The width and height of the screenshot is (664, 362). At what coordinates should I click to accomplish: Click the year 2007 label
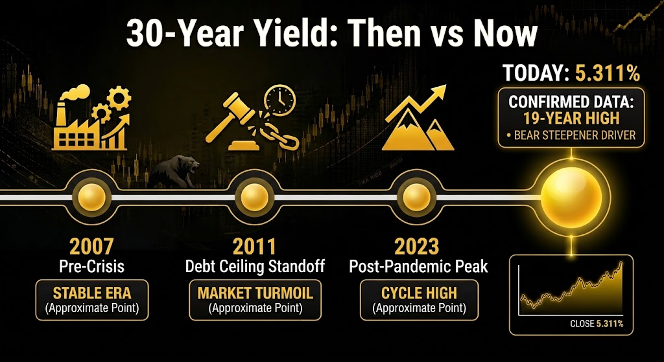pos(91,247)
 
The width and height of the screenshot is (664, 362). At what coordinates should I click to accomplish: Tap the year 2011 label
pos(255,247)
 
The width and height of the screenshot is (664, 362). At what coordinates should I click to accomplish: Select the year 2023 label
pos(418,247)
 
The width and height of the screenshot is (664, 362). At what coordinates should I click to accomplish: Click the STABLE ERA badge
pos(92,299)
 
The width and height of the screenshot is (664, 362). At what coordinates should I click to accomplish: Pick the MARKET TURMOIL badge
pos(255,299)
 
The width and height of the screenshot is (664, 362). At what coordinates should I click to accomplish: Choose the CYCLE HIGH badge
pos(419,299)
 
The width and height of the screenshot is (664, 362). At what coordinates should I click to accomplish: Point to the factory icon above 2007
pos(91,118)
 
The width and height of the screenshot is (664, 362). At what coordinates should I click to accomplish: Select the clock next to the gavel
pos(279,99)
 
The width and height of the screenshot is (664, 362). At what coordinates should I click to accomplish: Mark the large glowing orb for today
pos(571,197)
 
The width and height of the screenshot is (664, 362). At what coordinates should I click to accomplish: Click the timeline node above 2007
pos(91,197)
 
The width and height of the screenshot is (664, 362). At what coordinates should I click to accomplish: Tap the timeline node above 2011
pos(254,197)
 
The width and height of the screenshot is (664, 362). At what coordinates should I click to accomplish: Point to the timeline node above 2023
pos(417,197)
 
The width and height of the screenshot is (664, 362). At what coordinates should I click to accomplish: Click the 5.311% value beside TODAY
pos(607,74)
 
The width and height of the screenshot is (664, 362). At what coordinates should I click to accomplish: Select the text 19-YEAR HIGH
pos(571,118)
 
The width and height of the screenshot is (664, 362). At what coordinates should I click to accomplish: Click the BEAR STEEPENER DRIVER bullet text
pos(571,136)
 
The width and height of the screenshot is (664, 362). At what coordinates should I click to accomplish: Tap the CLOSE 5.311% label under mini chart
pos(597,324)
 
